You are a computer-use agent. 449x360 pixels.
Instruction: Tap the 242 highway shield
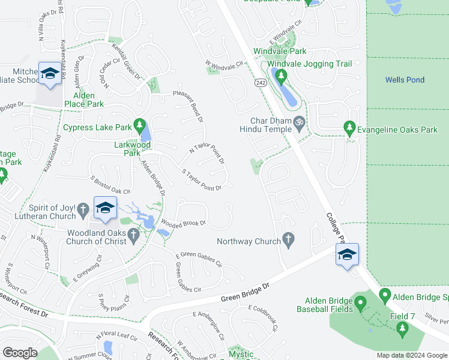click(260, 83)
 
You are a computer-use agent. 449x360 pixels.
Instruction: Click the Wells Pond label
click(405, 80)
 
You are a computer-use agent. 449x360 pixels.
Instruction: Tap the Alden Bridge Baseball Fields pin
click(360, 303)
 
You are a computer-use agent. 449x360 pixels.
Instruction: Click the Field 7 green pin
click(402, 328)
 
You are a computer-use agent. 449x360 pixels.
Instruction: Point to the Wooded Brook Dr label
click(183, 223)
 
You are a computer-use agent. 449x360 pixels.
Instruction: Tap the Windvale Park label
click(280, 52)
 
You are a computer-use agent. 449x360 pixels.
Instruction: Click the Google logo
click(20, 353)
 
